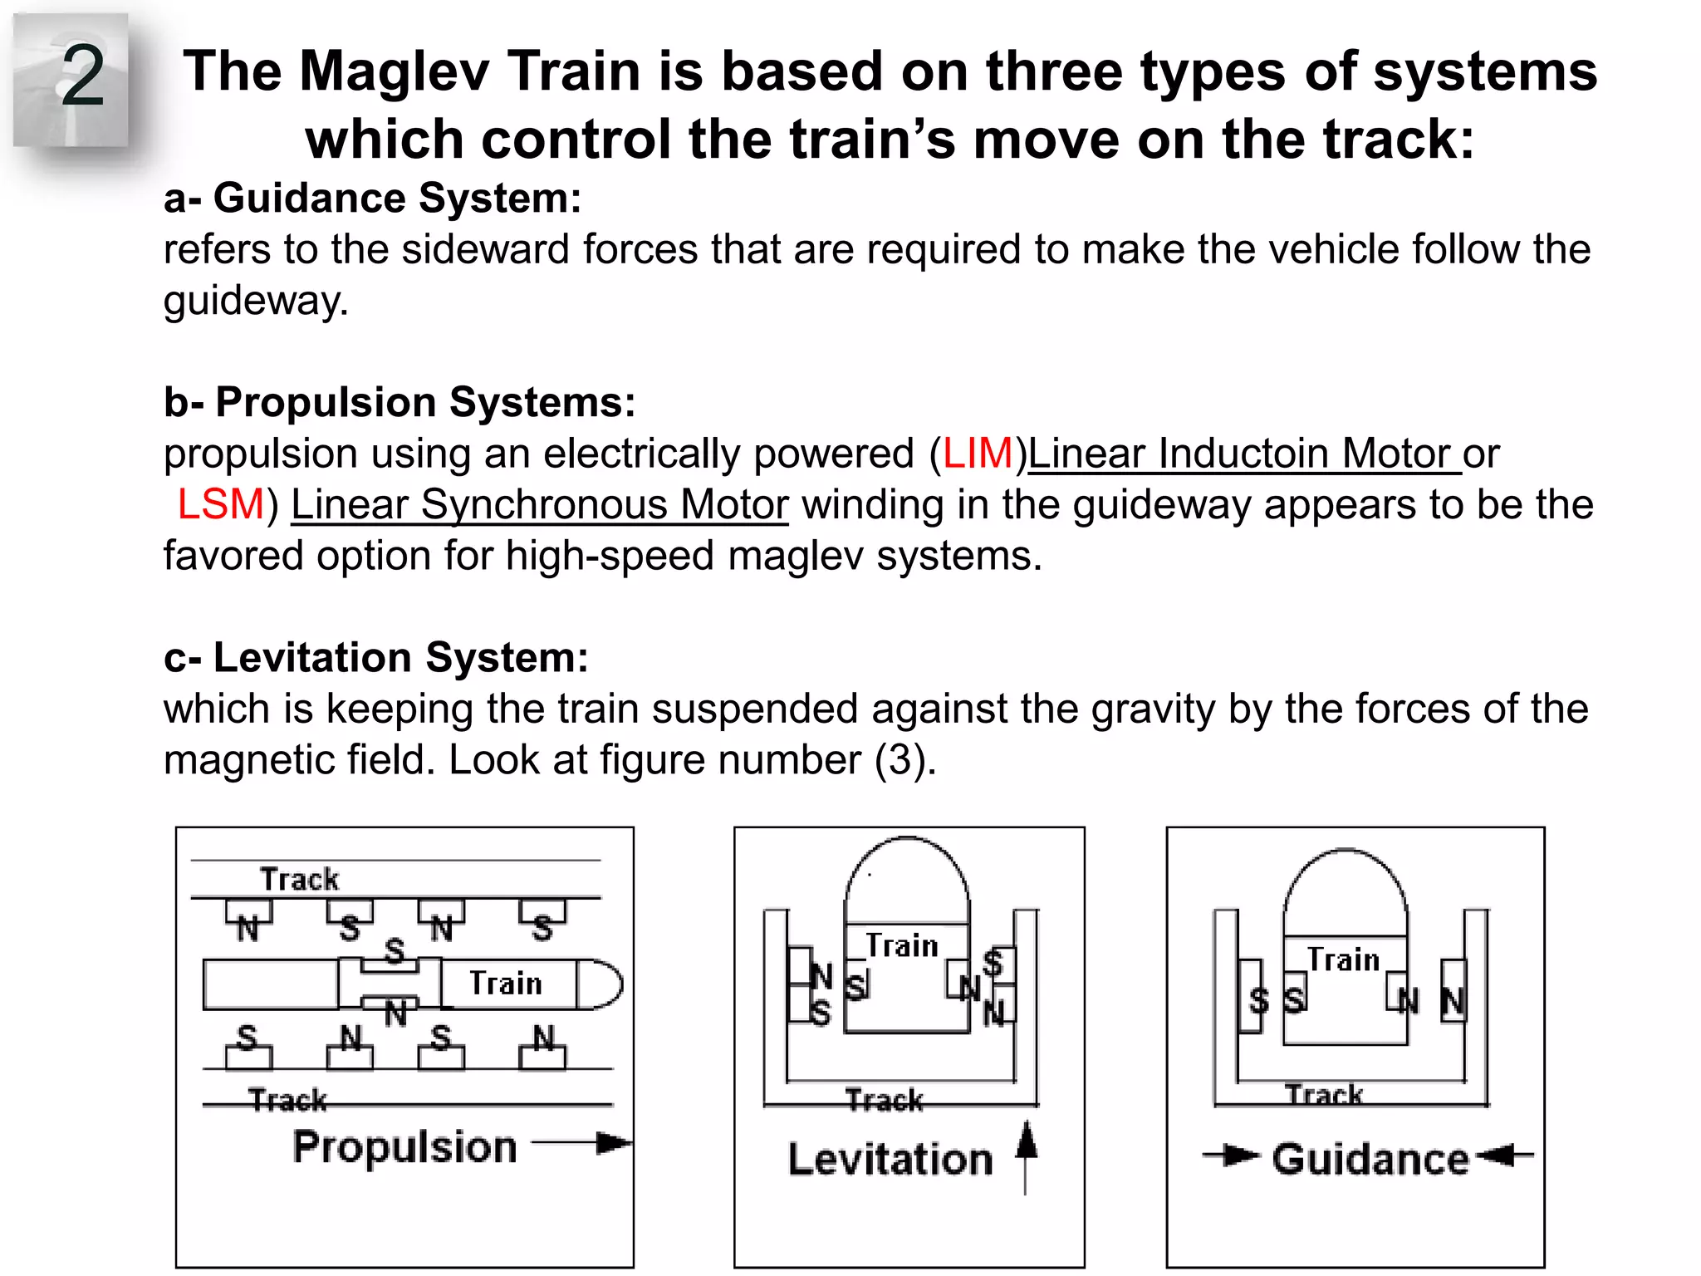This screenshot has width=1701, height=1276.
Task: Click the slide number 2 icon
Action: tap(73, 79)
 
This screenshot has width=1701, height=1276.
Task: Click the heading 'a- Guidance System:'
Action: tap(372, 199)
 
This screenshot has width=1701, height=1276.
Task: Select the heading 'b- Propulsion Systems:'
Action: tap(400, 403)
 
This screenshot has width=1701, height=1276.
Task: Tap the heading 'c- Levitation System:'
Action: tap(376, 658)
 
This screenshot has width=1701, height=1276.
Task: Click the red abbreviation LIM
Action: tap(978, 454)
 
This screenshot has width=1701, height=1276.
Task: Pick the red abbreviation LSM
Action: tap(220, 505)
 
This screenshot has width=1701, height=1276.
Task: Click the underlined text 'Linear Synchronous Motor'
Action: tap(539, 505)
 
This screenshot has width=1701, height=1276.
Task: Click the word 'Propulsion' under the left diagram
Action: tap(405, 1148)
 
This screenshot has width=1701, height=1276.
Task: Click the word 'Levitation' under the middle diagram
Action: tap(890, 1160)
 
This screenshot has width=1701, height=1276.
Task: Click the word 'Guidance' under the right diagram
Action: tap(1370, 1160)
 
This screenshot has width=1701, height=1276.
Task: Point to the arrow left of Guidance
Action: tap(1230, 1155)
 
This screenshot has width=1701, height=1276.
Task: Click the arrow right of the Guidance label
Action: tap(1506, 1155)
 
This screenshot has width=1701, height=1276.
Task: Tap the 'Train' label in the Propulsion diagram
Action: tap(506, 984)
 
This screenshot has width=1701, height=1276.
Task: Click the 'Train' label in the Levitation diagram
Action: tap(902, 946)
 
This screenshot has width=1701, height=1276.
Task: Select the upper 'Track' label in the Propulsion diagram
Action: tap(300, 880)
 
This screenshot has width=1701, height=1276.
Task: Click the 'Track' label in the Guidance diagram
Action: tap(1324, 1095)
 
